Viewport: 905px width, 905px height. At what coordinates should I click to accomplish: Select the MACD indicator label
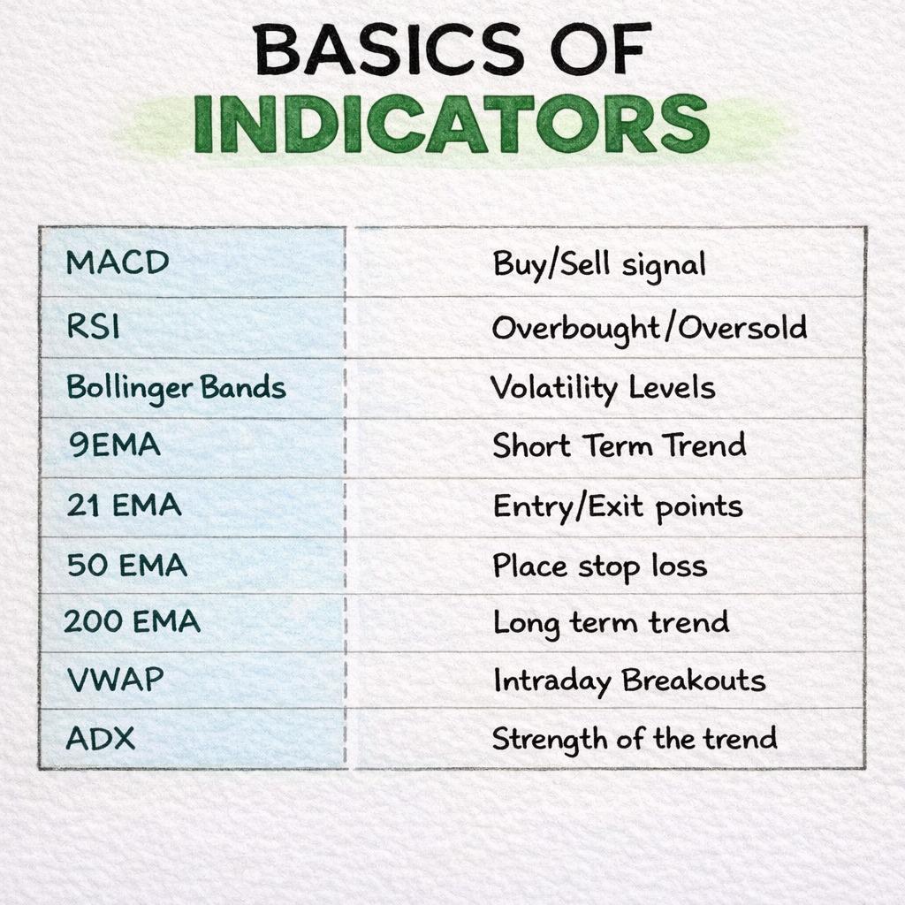point(117,262)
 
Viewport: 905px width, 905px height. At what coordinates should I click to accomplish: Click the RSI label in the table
point(93,327)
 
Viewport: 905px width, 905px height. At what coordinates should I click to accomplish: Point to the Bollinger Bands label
point(176,387)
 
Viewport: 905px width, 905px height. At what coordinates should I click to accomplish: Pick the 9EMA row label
point(115,445)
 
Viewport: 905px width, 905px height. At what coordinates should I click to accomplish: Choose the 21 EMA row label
point(124,506)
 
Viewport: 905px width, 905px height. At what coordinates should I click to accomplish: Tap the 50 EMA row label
point(126,565)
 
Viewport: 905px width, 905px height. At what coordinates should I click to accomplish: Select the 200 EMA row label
point(132,622)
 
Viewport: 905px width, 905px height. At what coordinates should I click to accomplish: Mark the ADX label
point(101,738)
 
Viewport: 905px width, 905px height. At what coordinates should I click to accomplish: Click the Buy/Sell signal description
point(599,263)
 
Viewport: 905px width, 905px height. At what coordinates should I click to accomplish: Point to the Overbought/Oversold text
point(649,328)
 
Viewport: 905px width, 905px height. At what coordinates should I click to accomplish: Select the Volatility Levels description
point(602,387)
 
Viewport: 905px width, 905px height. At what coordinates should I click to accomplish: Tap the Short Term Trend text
point(619,445)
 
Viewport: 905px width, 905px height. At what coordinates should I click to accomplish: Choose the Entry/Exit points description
point(617,506)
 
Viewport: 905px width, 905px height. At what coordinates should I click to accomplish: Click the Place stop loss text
point(599,566)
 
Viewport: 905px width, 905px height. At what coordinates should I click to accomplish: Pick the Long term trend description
point(611,622)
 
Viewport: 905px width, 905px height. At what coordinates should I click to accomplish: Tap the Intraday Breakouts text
point(628,681)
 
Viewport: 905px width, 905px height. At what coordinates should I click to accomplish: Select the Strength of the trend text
point(634,738)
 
